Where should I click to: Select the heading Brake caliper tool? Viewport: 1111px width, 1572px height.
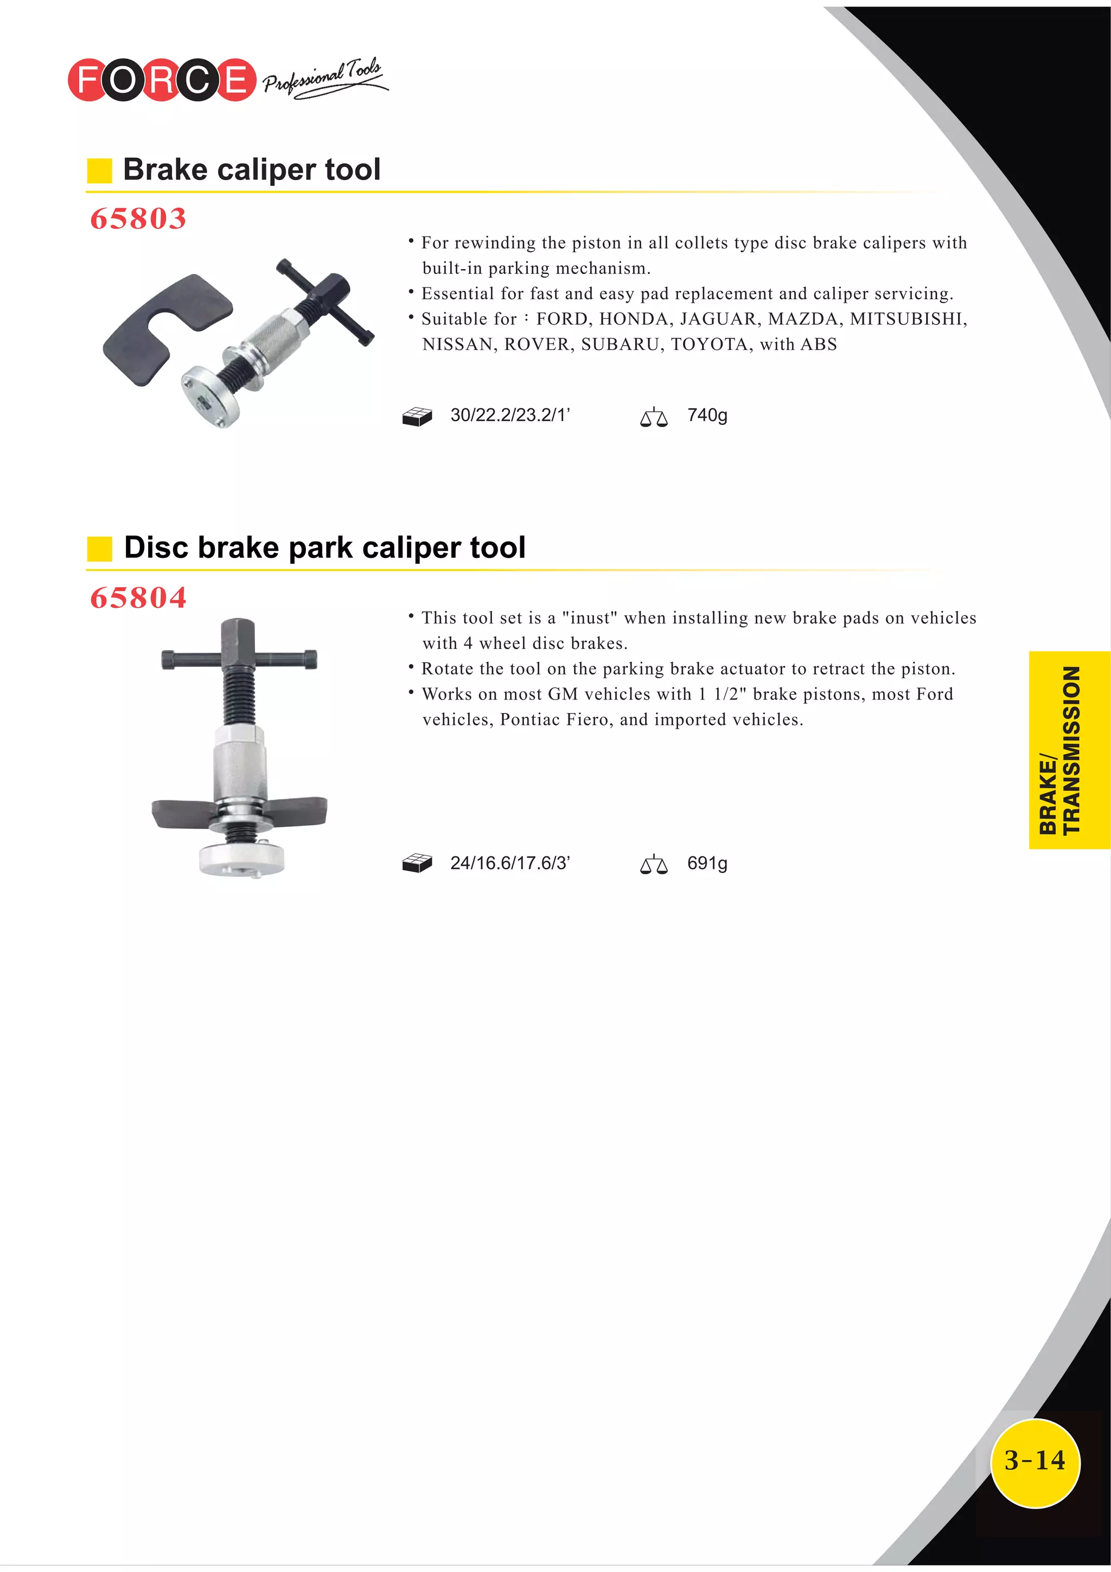point(251,169)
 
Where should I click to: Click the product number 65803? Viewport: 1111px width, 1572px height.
point(138,219)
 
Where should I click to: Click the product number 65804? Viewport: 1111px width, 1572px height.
point(138,598)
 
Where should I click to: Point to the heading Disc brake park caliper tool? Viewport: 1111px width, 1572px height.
point(324,548)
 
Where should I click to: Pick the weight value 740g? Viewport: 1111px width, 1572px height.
point(707,416)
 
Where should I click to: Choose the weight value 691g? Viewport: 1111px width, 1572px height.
point(707,863)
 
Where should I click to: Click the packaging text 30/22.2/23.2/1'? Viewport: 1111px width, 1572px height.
point(510,416)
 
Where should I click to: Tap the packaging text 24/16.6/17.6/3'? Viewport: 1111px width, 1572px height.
point(510,863)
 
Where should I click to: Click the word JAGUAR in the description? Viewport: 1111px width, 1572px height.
point(718,319)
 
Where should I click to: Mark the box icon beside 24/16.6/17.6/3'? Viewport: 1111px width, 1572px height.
point(417,863)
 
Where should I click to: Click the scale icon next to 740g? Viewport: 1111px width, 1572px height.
point(653,417)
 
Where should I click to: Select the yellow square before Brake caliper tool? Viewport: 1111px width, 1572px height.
point(99,170)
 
